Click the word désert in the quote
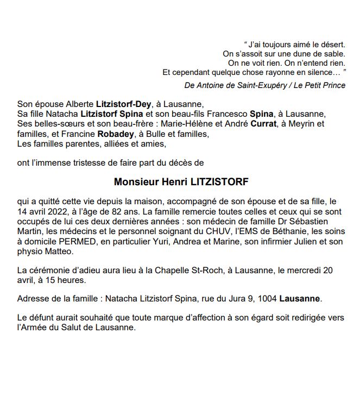point(330,43)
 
